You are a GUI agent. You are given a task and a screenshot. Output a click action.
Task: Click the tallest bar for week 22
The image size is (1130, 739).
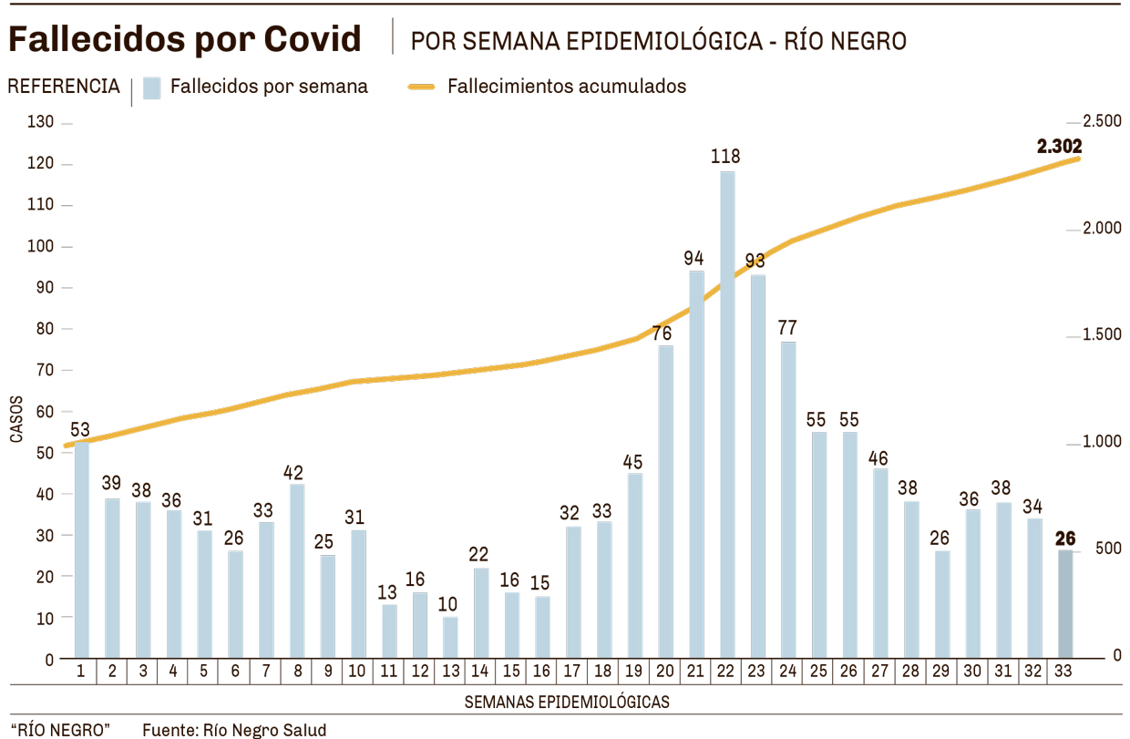click(726, 415)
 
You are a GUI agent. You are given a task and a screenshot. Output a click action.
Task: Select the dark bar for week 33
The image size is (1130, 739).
click(1064, 603)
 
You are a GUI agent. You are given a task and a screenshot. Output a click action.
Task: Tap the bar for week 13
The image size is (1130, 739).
click(450, 637)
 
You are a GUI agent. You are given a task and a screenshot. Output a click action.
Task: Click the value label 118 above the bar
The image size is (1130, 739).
click(726, 156)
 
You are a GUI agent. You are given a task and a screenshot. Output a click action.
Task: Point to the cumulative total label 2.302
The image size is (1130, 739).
click(1059, 145)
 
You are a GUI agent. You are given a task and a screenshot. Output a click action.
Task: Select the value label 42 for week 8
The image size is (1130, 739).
click(293, 472)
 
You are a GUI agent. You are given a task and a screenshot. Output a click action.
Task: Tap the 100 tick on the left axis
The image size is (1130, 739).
click(42, 247)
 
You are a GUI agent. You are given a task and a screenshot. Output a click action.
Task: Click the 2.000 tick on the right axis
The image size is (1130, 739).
click(1102, 228)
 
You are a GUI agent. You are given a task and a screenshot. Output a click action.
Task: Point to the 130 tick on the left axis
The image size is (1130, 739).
click(42, 123)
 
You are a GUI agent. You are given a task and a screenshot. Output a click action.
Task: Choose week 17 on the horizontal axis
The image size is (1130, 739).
click(572, 672)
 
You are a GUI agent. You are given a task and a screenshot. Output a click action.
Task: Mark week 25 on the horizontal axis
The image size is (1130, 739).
click(818, 672)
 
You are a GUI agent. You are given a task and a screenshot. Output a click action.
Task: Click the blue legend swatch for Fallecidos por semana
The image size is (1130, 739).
click(152, 87)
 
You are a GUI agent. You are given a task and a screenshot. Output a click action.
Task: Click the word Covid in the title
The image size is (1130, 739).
click(313, 39)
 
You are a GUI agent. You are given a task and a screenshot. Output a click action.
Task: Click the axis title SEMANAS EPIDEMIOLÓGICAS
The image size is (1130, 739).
click(567, 702)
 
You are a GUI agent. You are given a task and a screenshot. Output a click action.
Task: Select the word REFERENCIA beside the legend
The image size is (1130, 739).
click(64, 87)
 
